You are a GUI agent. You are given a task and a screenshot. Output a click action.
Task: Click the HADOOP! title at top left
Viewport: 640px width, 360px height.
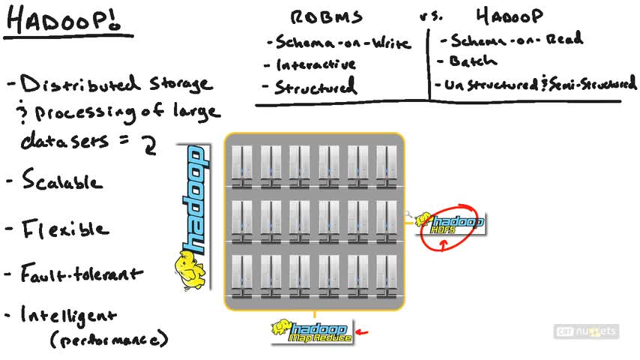click(68, 20)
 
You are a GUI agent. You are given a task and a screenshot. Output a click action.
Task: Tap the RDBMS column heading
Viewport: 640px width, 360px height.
click(327, 17)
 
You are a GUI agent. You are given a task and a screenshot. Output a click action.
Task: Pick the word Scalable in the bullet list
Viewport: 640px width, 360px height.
click(63, 181)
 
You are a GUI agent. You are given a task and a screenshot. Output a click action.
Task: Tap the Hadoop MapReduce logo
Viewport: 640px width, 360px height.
click(312, 331)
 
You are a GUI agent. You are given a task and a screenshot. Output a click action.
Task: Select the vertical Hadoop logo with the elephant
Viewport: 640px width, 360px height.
click(193, 217)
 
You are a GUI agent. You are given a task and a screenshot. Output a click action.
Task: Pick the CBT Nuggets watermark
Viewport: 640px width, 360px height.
click(587, 331)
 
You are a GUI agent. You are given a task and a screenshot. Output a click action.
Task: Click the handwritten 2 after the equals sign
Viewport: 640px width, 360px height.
click(150, 143)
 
